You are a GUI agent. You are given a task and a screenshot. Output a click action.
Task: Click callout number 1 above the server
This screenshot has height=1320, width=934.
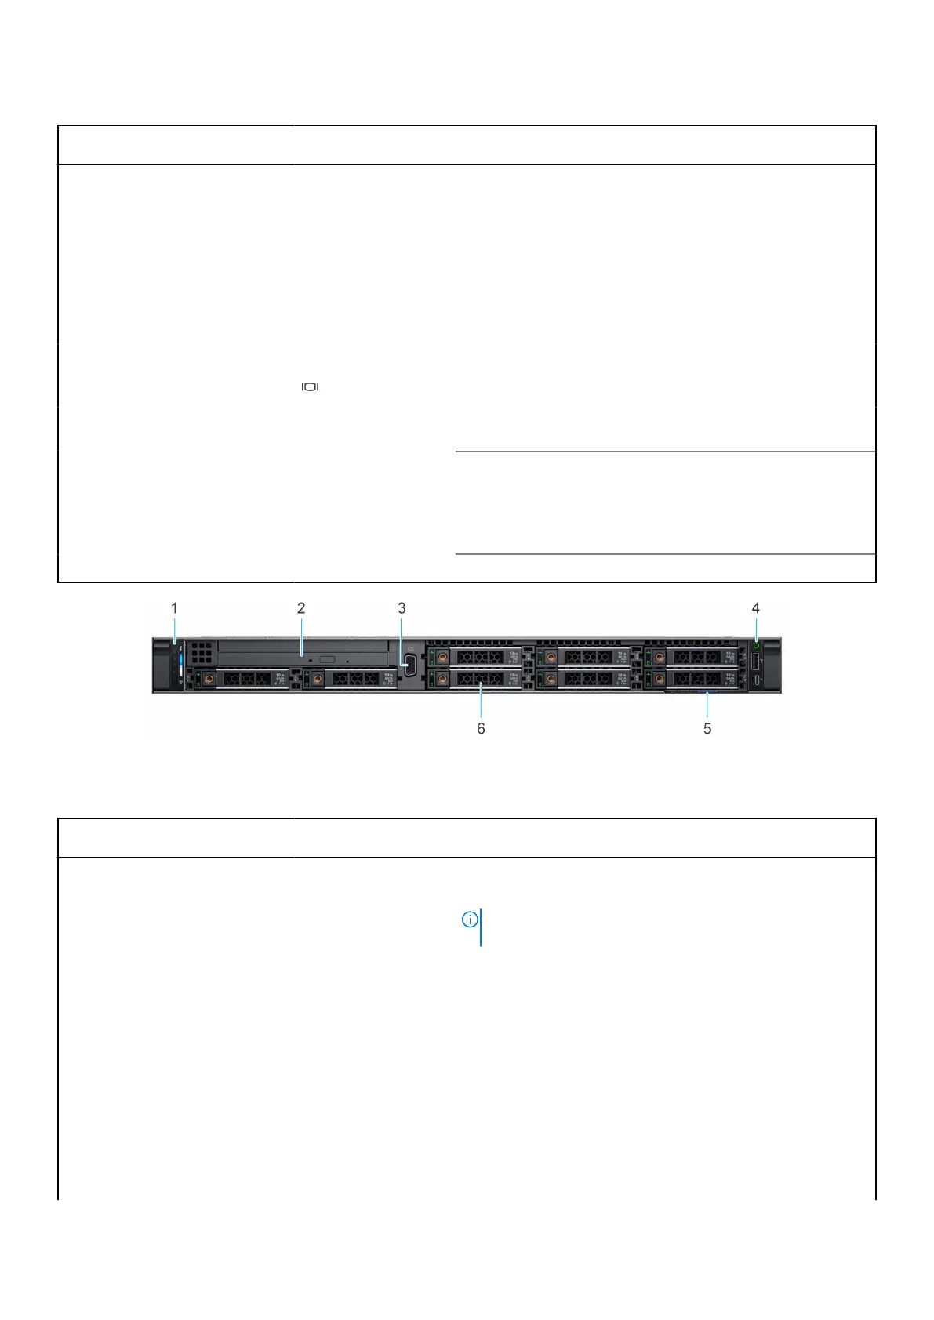pos(174,607)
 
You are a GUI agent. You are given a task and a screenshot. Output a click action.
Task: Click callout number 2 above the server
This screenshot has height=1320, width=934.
pos(301,607)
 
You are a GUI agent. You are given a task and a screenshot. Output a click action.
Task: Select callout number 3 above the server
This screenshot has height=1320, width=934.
pos(402,607)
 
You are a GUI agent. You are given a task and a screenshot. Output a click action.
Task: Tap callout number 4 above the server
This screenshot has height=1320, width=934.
pos(756,607)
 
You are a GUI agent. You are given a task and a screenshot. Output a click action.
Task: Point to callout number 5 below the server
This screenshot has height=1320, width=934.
pos(707,728)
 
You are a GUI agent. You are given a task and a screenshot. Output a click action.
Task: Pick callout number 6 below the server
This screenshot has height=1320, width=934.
pos(481,728)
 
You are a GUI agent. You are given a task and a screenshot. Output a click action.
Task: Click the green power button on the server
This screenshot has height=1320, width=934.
pos(756,647)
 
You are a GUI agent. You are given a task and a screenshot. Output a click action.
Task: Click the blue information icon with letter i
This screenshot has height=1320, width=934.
pos(469,919)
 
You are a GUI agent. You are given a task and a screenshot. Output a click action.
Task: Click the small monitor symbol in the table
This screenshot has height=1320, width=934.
pos(311,386)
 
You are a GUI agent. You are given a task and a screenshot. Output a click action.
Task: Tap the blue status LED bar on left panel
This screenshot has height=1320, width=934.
pos(180,662)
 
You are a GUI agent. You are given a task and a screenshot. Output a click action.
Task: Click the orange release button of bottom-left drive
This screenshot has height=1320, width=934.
pos(209,677)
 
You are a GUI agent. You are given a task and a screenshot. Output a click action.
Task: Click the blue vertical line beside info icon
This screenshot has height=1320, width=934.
pos(481,927)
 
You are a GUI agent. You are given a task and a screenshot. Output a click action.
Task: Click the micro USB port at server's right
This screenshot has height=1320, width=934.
pos(756,680)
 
